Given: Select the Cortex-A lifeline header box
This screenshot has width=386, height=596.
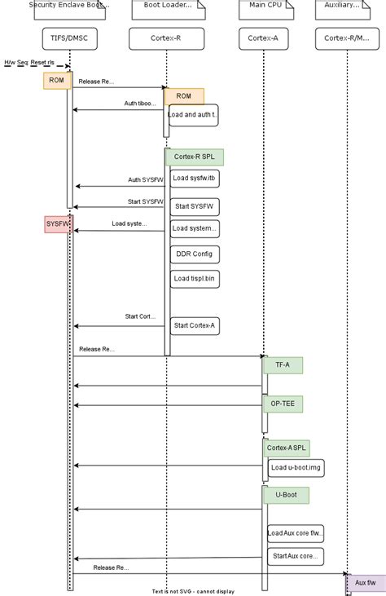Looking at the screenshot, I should tap(264, 38).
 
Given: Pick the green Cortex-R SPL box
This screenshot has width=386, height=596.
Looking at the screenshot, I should tap(195, 157).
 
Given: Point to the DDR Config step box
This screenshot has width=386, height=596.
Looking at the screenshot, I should tap(195, 254).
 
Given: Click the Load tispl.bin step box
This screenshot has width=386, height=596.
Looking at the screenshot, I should tap(195, 279).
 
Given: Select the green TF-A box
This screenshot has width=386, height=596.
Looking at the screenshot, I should tap(283, 365).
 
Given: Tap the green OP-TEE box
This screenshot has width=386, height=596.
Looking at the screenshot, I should tap(283, 404).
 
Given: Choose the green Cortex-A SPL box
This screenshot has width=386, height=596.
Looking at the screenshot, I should tap(287, 448).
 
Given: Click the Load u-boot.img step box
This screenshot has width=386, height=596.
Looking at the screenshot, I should tap(295, 467).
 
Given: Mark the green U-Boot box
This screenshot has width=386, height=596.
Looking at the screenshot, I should tap(285, 494).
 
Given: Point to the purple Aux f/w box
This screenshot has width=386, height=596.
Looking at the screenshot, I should tap(366, 583).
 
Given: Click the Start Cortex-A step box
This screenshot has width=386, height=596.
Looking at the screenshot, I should tap(195, 326).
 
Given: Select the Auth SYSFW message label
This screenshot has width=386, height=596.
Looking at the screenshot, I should tap(145, 179).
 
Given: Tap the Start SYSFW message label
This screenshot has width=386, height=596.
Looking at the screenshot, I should tap(145, 201).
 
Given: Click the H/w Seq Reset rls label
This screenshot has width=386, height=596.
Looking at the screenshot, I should tap(30, 62).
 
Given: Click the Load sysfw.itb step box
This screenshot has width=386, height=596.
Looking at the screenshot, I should tap(195, 178).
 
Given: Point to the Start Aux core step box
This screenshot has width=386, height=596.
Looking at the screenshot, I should tap(295, 556).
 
